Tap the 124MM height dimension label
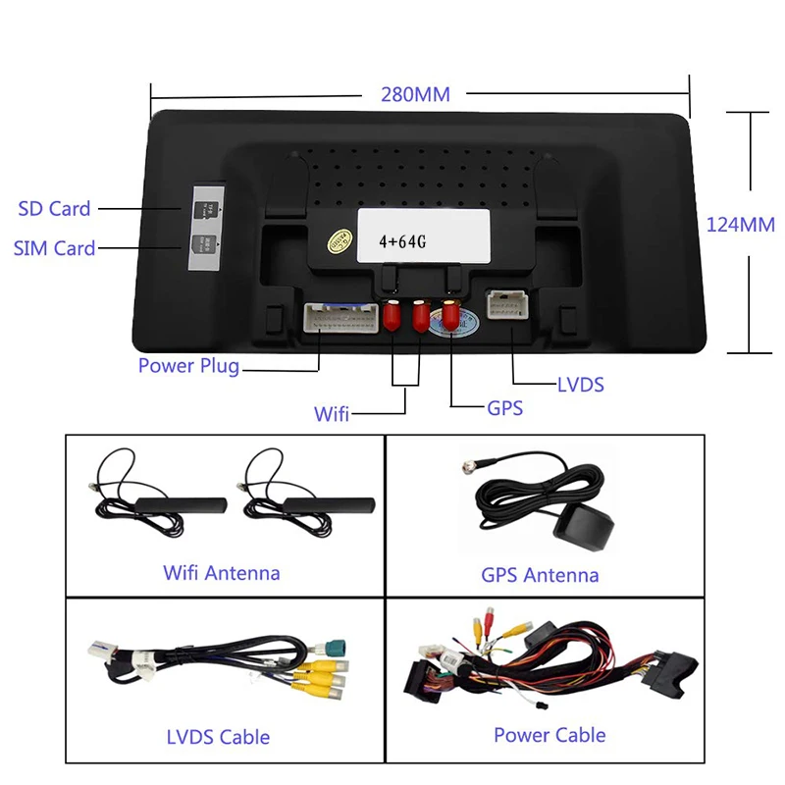point(741,225)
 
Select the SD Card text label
point(54,208)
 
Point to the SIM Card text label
point(55,248)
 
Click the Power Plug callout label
point(188,367)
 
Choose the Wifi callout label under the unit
point(332,413)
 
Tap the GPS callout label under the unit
point(504,407)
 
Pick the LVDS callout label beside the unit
point(580,385)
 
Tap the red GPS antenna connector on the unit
point(450,315)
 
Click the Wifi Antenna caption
point(221,573)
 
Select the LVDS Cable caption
point(217,736)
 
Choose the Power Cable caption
point(549,734)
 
